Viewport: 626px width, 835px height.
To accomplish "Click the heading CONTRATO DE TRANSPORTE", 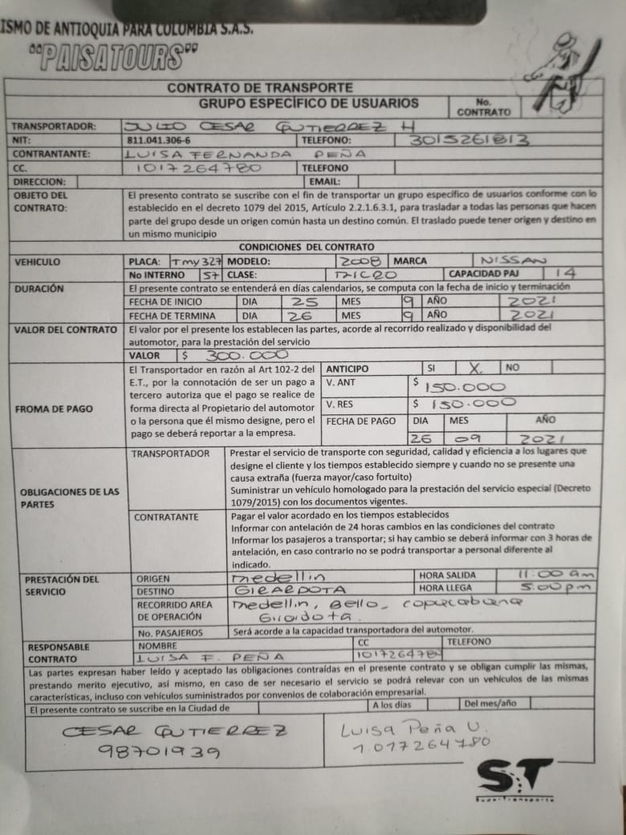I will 258,87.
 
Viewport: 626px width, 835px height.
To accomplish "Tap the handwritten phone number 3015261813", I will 469,140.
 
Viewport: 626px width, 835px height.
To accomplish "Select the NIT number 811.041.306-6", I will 161,140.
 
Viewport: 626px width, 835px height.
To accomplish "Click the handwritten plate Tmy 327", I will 197,262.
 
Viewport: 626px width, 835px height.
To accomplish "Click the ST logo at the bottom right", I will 514,778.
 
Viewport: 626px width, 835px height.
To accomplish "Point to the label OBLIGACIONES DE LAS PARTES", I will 69,498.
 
